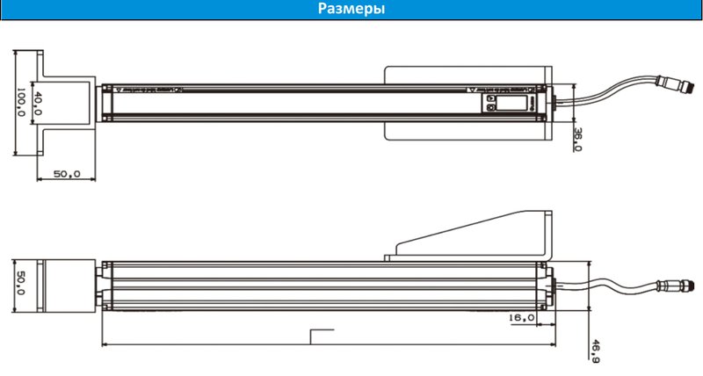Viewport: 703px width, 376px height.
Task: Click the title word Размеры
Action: click(x=351, y=10)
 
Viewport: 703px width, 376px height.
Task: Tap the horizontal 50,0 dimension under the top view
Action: click(x=67, y=174)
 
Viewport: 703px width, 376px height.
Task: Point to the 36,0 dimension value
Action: click(x=577, y=139)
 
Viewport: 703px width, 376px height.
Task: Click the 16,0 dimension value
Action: click(x=522, y=317)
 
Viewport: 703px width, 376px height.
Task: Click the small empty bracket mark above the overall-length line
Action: click(x=323, y=335)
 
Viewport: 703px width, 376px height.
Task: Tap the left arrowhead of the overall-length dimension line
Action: click(x=105, y=343)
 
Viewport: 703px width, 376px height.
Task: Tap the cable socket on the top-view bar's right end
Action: click(x=551, y=102)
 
